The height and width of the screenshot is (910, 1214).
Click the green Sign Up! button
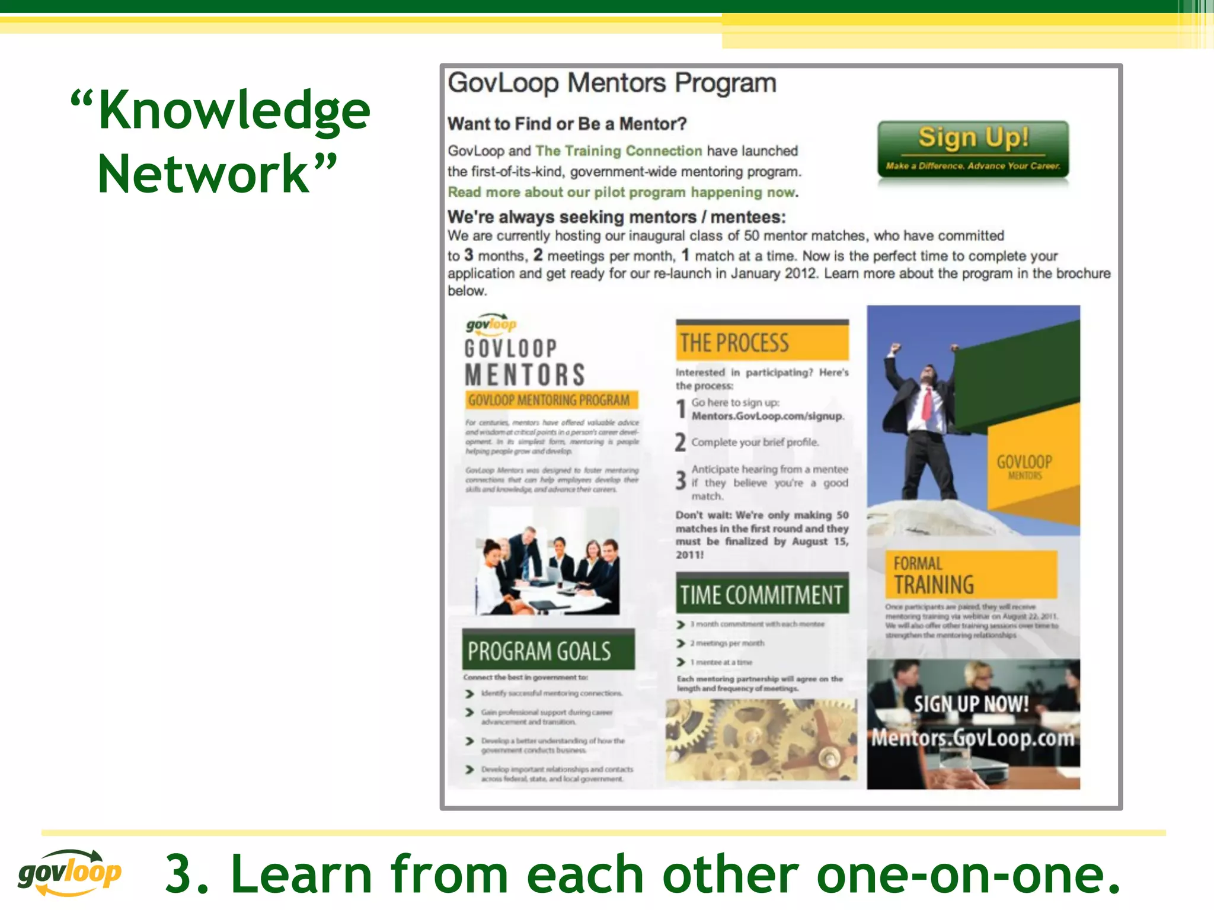pyautogui.click(x=973, y=149)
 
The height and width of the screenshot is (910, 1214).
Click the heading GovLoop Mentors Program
pyautogui.click(x=611, y=83)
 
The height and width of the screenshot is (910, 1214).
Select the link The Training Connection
pyautogui.click(x=618, y=151)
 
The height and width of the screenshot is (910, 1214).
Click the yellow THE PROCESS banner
pyautogui.click(x=762, y=342)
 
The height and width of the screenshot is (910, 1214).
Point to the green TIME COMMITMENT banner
pyautogui.click(x=762, y=594)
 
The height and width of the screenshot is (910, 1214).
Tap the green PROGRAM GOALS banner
pyautogui.click(x=548, y=651)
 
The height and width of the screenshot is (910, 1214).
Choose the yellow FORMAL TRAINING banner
pyautogui.click(x=970, y=574)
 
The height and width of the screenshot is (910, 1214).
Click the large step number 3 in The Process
pyautogui.click(x=681, y=480)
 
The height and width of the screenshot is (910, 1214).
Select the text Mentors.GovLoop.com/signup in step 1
pyautogui.click(x=767, y=416)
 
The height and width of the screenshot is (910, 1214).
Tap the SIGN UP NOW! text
pyautogui.click(x=971, y=704)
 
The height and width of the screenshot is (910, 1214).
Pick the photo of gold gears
pyautogui.click(x=761, y=739)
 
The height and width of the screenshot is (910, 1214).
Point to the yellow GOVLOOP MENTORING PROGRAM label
pyautogui.click(x=551, y=400)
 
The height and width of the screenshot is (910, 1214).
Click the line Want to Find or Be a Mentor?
pyautogui.click(x=567, y=124)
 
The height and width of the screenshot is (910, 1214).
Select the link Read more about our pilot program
pyautogui.click(x=621, y=193)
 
